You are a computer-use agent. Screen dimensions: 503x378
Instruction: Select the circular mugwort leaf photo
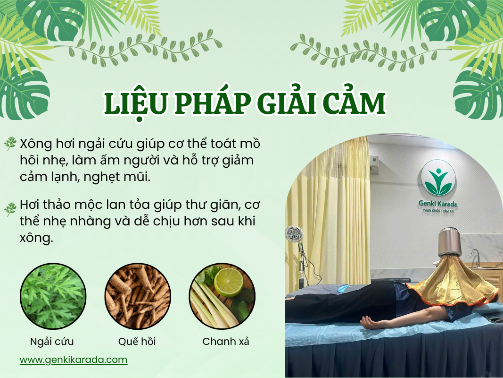click(53, 296)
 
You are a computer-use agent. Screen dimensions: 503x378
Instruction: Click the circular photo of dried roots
click(138, 296)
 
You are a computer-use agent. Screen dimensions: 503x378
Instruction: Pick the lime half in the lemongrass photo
click(229, 282)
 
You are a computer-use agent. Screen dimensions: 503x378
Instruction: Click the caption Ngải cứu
click(52, 341)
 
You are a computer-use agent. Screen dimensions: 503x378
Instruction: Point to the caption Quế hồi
click(137, 341)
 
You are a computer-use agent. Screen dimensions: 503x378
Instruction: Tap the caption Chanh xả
click(226, 341)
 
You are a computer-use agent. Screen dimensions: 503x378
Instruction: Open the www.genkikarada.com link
click(74, 360)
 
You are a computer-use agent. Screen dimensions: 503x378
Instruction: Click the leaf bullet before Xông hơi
click(10, 143)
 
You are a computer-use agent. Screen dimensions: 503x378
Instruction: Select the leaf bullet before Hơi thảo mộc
click(10, 209)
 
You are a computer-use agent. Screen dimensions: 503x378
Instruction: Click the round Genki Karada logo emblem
click(438, 178)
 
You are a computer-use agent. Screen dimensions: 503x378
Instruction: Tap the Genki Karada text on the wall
click(437, 204)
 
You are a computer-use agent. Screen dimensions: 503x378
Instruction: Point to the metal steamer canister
click(450, 242)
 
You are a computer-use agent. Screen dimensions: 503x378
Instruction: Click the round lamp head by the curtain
click(294, 234)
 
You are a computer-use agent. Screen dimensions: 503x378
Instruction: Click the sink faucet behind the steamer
click(475, 257)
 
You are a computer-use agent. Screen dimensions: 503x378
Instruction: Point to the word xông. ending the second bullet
click(36, 238)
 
